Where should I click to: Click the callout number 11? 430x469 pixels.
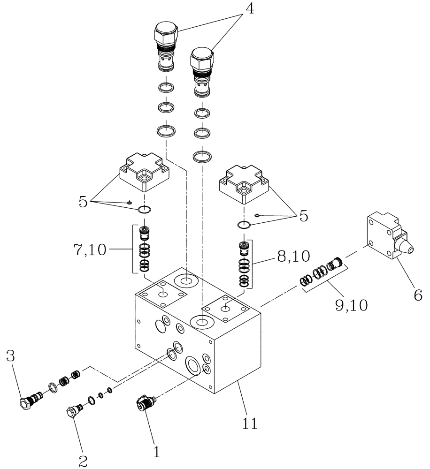(249, 424)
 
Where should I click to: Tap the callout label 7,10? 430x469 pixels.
(91, 250)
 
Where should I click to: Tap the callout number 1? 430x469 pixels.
(156, 452)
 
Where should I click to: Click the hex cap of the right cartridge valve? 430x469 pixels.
(202, 59)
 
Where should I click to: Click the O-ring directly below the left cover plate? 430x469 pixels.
(144, 209)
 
